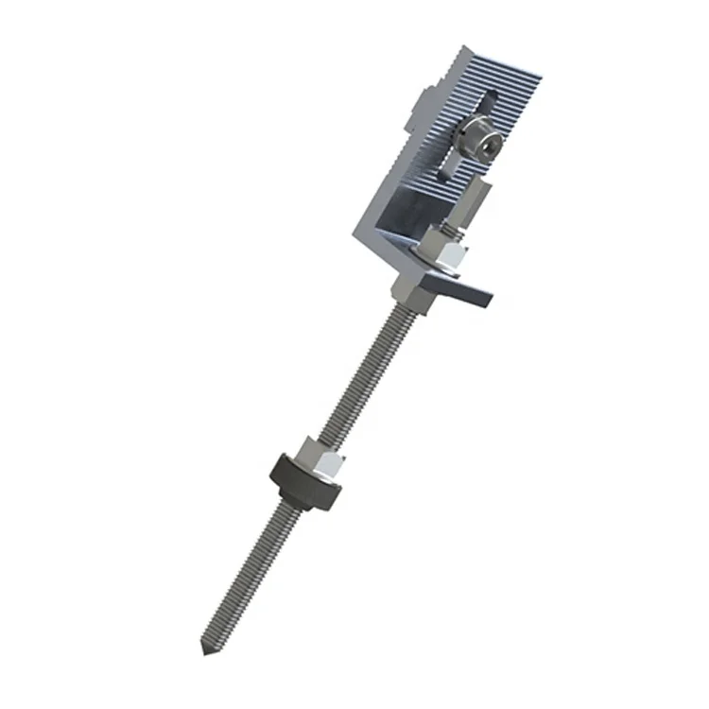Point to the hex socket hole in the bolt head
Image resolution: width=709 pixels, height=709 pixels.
(x=484, y=143)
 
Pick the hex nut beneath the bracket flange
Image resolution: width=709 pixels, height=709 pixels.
(x=408, y=288)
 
